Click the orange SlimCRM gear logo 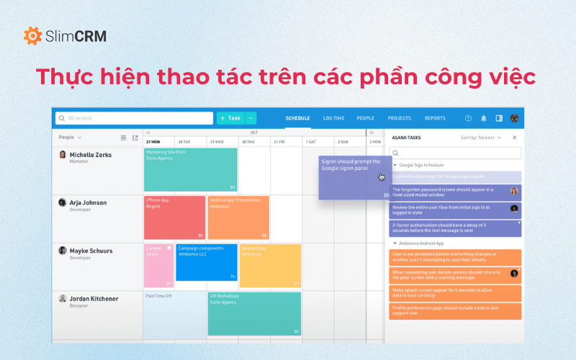pyautogui.click(x=32, y=35)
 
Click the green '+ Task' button pyautogui.click(x=230, y=118)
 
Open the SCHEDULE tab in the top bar pyautogui.click(x=297, y=118)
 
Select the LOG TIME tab pyautogui.click(x=333, y=118)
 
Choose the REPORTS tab pyautogui.click(x=435, y=118)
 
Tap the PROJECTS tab pyautogui.click(x=400, y=118)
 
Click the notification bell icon pyautogui.click(x=484, y=118)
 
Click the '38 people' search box pyautogui.click(x=134, y=118)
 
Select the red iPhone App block pyautogui.click(x=174, y=217)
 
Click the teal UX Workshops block pyautogui.click(x=254, y=313)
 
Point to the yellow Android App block pyautogui.click(x=270, y=265)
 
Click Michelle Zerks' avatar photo pyautogui.click(x=63, y=155)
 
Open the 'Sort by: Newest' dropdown pyautogui.click(x=481, y=137)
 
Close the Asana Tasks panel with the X pyautogui.click(x=514, y=137)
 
